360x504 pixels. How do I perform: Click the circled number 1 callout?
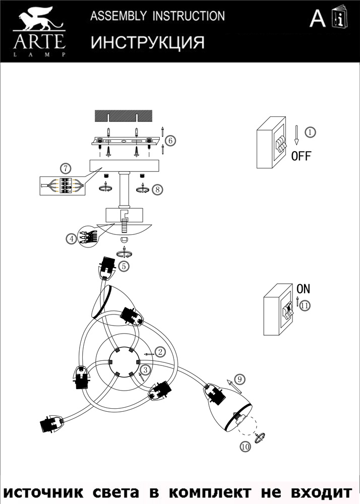coord(311,132)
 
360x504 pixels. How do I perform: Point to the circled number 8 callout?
coord(158,190)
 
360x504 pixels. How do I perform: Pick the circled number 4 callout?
coord(73,238)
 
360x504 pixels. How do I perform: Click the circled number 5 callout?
coord(124,265)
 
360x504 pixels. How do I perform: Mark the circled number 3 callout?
coord(145,370)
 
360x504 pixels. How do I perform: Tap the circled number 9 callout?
coord(239,379)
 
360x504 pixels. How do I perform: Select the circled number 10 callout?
coord(245,446)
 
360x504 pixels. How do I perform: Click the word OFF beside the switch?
coord(301,156)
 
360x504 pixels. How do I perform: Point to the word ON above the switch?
coord(303,289)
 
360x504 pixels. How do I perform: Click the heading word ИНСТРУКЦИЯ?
coord(148,43)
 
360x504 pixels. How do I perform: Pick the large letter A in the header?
coord(318,19)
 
